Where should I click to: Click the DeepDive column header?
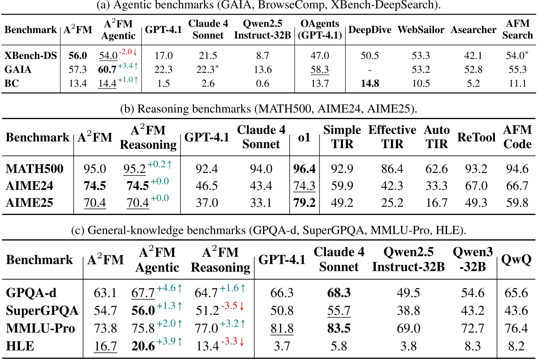pos(370,30)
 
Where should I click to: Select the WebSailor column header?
pos(420,30)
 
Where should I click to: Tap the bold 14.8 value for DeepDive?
pos(370,84)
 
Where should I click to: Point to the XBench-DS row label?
pos(31,56)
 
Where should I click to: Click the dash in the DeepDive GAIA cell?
pos(370,70)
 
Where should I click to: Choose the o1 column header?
pos(304,138)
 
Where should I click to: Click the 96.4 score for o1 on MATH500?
pos(304,169)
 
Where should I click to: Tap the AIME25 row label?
pos(29,203)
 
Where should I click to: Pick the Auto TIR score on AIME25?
pos(436,203)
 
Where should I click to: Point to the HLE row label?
pos(20,346)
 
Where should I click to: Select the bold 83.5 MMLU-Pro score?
pos(339,329)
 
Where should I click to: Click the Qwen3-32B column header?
pos(472,260)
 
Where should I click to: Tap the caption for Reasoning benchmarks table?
pos(268,109)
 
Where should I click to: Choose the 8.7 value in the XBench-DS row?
pos(262,56)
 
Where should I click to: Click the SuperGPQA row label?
pos(42,311)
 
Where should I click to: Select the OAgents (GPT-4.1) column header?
pos(320,29)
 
